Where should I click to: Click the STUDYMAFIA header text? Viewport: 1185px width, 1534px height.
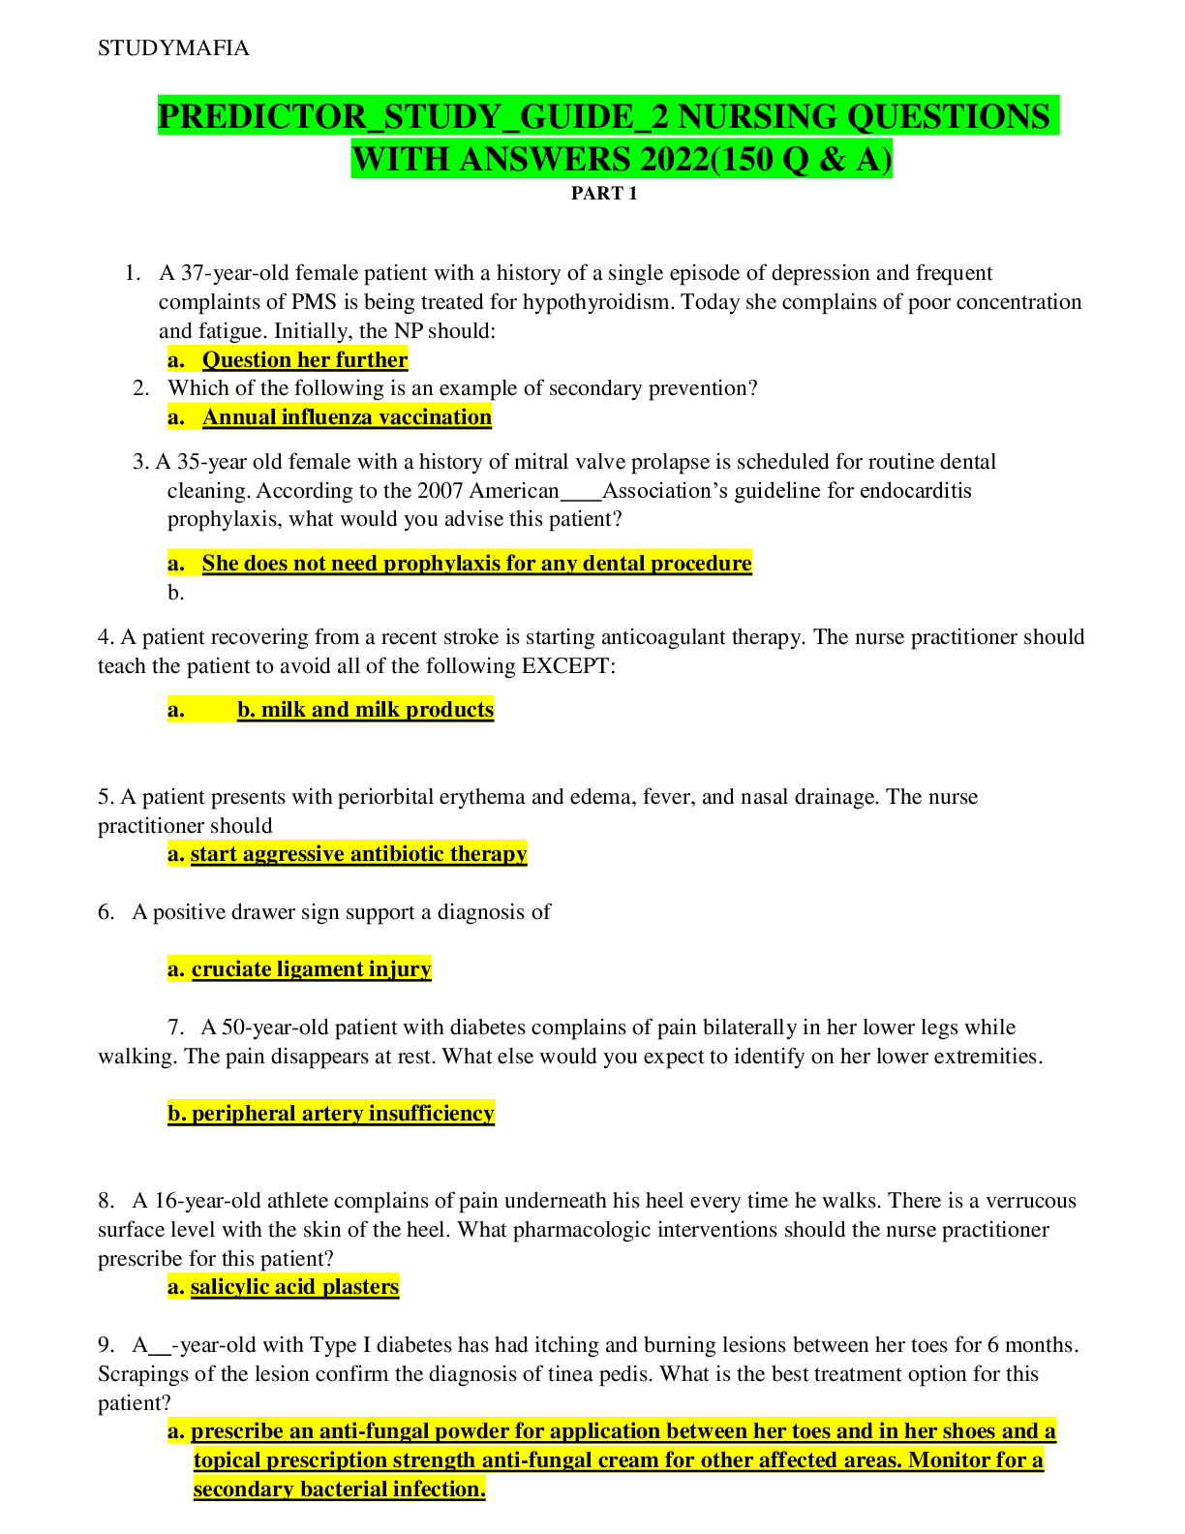click(173, 48)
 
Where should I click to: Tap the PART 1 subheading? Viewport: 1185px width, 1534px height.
click(603, 193)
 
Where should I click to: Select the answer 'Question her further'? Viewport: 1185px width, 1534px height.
click(304, 360)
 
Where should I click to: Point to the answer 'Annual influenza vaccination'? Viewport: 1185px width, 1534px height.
click(347, 417)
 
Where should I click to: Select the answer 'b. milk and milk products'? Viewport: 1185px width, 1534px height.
click(365, 710)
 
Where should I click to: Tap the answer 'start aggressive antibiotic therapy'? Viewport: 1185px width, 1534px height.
click(358, 854)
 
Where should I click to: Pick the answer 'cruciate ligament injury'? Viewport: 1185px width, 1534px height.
click(311, 969)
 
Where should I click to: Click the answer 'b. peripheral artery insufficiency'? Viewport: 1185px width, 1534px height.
click(331, 1114)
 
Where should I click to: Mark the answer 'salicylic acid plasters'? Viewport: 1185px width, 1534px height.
click(294, 1287)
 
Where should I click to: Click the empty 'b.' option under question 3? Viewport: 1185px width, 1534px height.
click(175, 593)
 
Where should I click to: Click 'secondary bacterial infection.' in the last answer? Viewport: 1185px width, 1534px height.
click(339, 1489)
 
